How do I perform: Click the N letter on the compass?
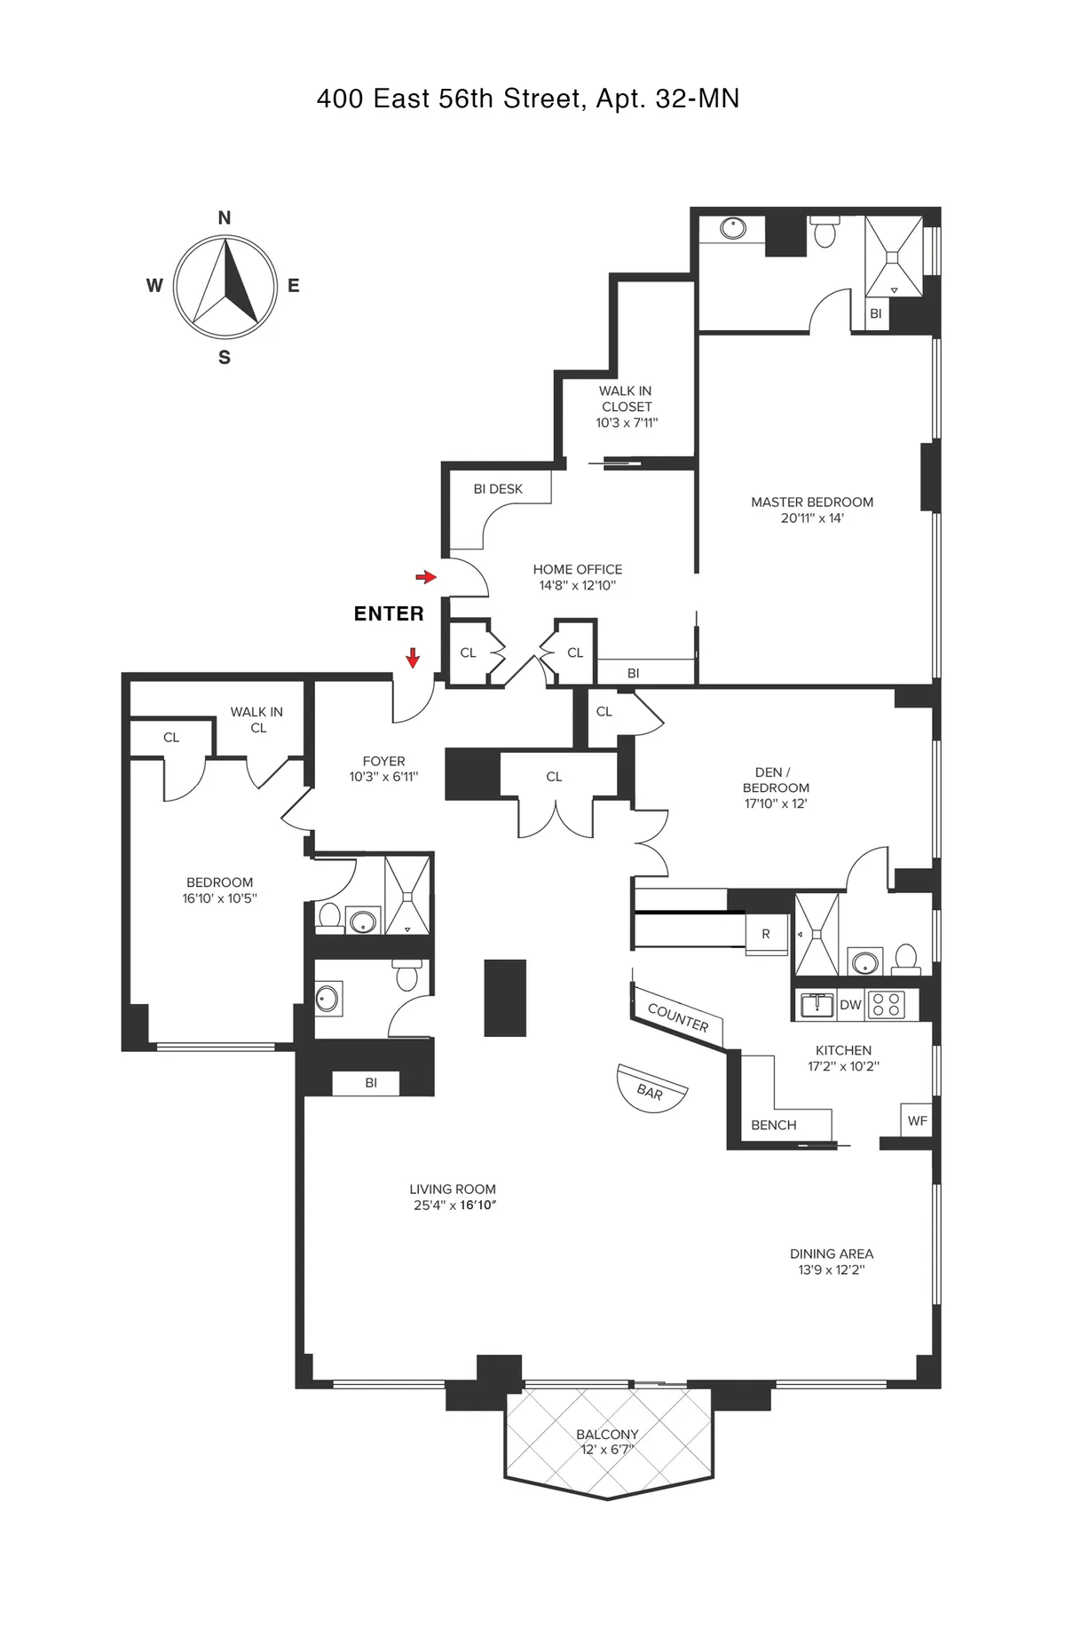[x=225, y=217]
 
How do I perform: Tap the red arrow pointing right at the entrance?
[x=426, y=577]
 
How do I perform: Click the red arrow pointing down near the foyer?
[x=413, y=658]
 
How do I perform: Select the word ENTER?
[x=389, y=613]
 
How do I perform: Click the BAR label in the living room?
[x=651, y=1091]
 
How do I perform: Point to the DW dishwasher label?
[x=850, y=1005]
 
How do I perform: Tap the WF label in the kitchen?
[x=917, y=1121]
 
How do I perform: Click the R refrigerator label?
[x=766, y=934]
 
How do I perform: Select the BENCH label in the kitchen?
[x=774, y=1125]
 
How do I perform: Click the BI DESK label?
[x=498, y=489]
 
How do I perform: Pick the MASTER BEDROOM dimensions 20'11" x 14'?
[x=812, y=518]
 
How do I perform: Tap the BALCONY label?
[x=607, y=1434]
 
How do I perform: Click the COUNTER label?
[x=678, y=1017]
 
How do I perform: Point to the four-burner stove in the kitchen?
[x=886, y=1004]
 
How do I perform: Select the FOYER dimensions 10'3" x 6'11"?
[x=383, y=777]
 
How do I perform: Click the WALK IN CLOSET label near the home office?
[x=627, y=399]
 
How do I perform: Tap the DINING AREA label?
[x=832, y=1253]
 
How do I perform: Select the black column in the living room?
[x=505, y=998]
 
